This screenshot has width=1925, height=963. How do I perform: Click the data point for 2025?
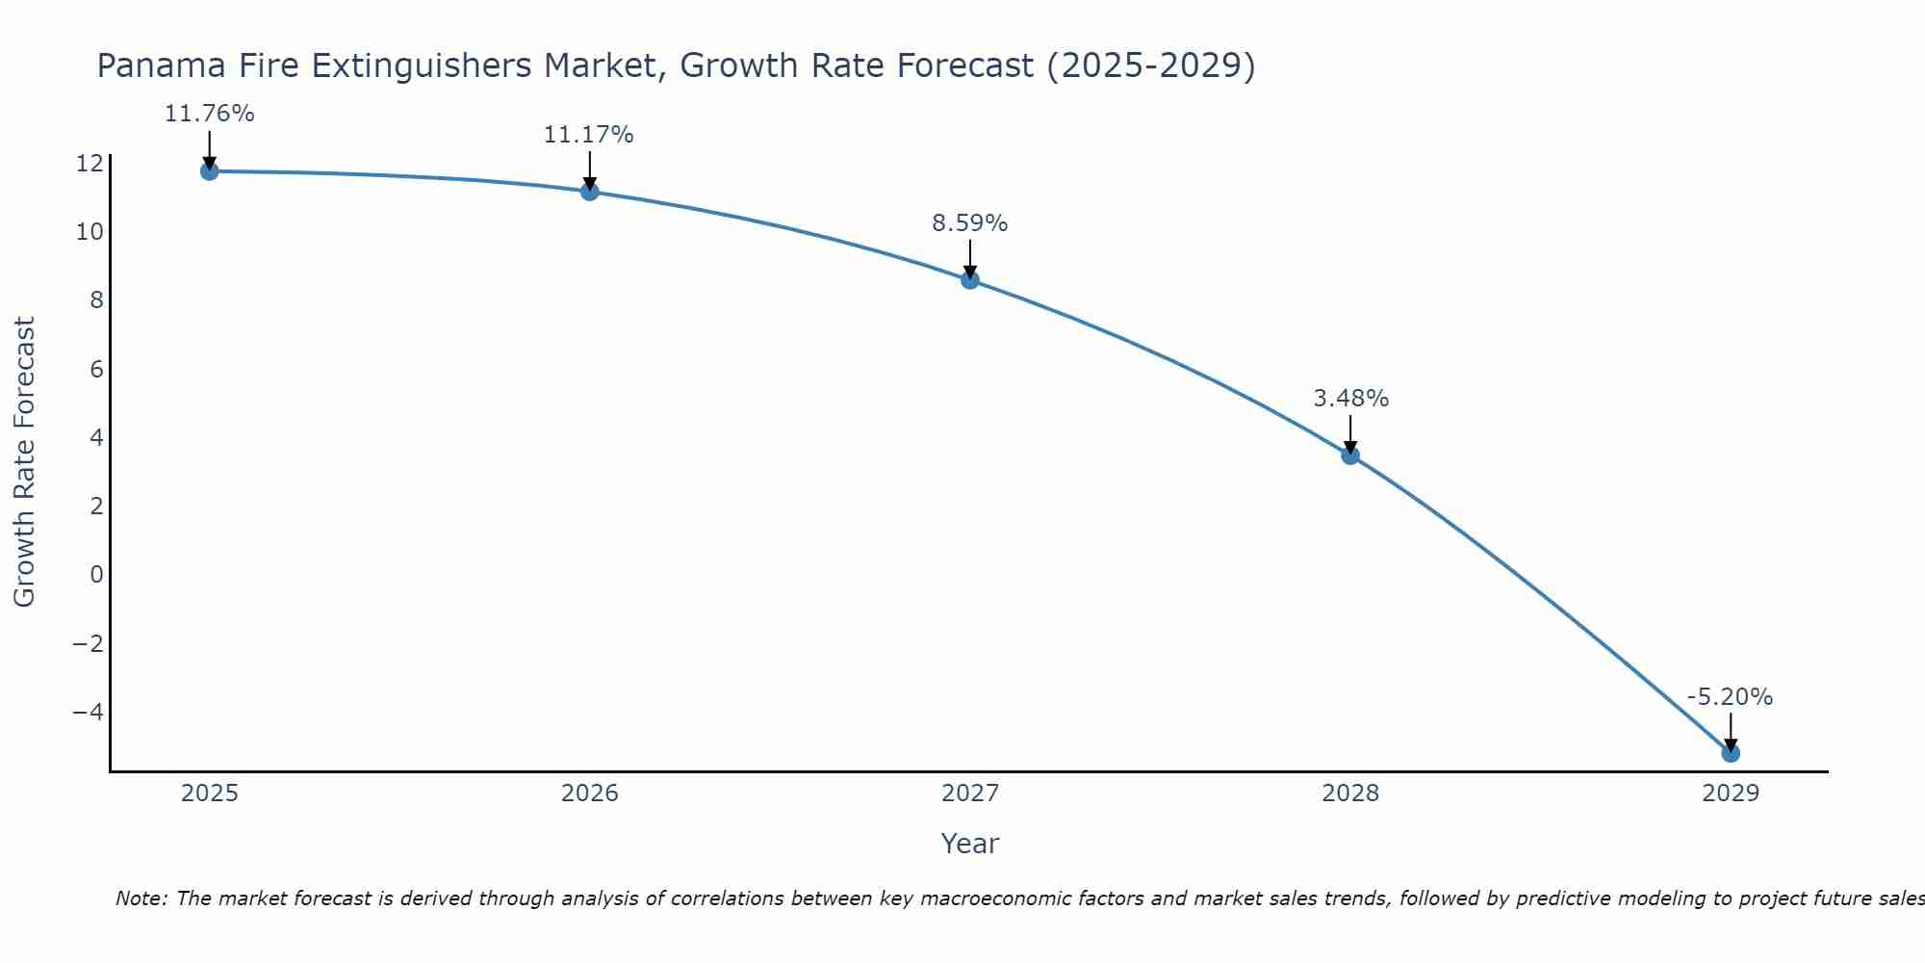[x=210, y=171]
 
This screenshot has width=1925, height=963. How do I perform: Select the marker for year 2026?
[x=590, y=192]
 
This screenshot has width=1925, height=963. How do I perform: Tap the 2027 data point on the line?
[x=970, y=280]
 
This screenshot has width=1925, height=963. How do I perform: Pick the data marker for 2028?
[x=1350, y=455]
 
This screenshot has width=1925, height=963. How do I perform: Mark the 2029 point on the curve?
[x=1731, y=753]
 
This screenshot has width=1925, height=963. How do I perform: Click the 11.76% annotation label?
[x=210, y=114]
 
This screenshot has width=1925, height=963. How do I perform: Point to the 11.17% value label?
[x=589, y=135]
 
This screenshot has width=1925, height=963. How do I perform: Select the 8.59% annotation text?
[x=970, y=223]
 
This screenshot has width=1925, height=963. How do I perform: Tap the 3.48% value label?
[x=1351, y=399]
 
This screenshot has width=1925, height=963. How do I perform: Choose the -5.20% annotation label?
[x=1730, y=697]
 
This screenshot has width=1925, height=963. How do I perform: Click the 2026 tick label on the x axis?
[x=590, y=794]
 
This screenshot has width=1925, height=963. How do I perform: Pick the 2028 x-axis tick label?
[x=1350, y=794]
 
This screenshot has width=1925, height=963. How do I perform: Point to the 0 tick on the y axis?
[x=96, y=575]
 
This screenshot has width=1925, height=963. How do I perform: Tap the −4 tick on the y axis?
[x=88, y=713]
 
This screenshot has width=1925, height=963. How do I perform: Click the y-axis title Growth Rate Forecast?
[x=25, y=461]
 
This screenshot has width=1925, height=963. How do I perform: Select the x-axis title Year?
[x=970, y=844]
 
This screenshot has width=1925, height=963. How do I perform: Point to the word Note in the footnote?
[x=141, y=898]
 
